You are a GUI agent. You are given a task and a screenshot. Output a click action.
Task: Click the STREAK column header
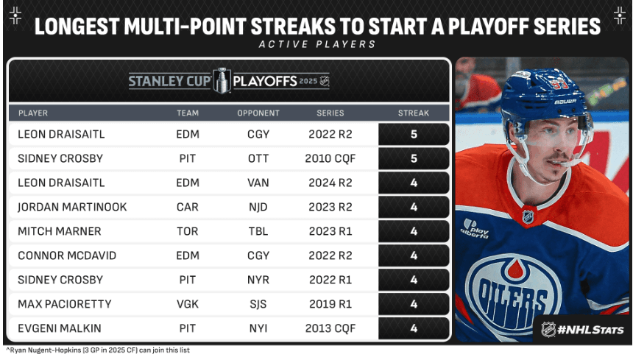point(413,113)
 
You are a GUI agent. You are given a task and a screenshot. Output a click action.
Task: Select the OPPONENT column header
point(258,113)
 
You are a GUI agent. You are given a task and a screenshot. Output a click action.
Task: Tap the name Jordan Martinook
point(71,207)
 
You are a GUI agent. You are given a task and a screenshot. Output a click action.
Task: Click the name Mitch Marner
point(60,231)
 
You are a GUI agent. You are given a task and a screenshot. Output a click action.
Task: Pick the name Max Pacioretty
point(64,303)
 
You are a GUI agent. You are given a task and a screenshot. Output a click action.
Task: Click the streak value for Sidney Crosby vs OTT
point(413,158)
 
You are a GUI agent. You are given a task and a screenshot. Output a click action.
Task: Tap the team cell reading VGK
point(188,303)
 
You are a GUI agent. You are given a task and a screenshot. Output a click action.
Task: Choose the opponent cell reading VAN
point(258,183)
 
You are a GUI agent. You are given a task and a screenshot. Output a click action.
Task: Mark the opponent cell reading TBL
point(258,231)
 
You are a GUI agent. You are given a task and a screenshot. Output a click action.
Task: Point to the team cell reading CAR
point(188,207)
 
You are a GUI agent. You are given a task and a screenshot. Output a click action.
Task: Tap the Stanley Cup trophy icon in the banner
point(222,80)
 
